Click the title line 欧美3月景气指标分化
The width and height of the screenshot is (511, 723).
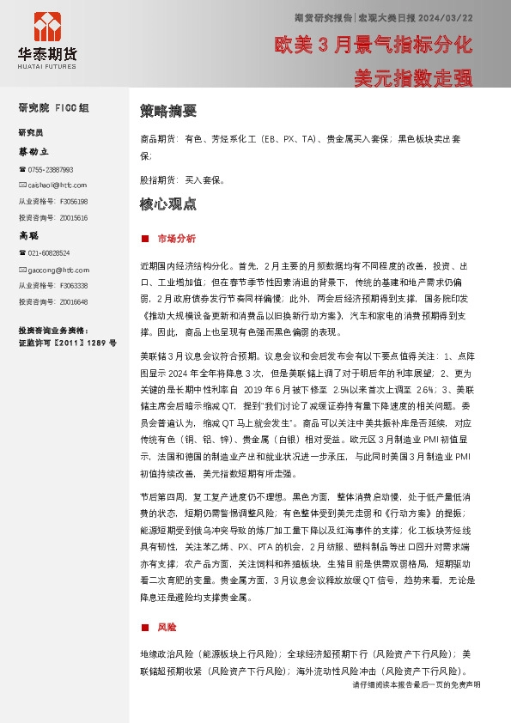pyautogui.click(x=373, y=43)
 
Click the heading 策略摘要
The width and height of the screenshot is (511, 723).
pyautogui.click(x=168, y=111)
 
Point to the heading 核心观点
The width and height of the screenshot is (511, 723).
pyautogui.click(x=168, y=204)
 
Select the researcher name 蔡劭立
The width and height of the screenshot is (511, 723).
pyautogui.click(x=35, y=151)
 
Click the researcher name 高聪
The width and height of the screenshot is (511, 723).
pyautogui.click(x=30, y=234)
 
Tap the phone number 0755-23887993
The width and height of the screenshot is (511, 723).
pyautogui.click(x=49, y=170)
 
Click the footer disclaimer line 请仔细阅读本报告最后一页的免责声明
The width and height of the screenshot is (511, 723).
pyautogui.click(x=416, y=684)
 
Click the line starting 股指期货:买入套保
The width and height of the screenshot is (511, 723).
pyautogui.click(x=181, y=180)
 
